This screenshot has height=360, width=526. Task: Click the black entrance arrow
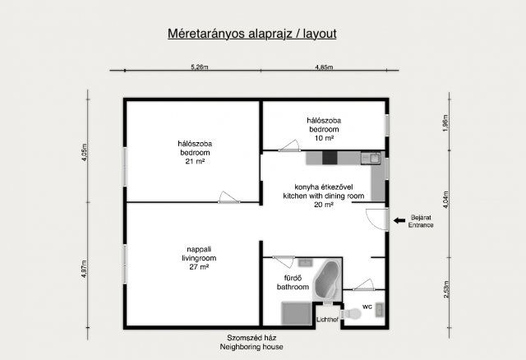pyautogui.click(x=399, y=220)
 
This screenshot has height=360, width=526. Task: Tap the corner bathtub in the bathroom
pyautogui.click(x=327, y=279)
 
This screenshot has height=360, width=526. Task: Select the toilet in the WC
pyautogui.click(x=351, y=314)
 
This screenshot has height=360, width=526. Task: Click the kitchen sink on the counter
pyautogui.click(x=371, y=158)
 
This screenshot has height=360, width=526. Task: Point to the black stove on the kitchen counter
pyautogui.click(x=330, y=158)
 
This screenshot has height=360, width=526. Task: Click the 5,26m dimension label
pyautogui.click(x=200, y=67)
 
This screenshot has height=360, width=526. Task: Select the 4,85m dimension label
pyautogui.click(x=324, y=67)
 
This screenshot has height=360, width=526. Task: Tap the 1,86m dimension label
pyautogui.click(x=445, y=123)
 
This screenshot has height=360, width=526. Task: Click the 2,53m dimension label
pyautogui.click(x=445, y=289)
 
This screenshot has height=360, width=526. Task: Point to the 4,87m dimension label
pyautogui.click(x=84, y=269)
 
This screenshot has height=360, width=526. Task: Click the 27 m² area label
pyautogui.click(x=199, y=267)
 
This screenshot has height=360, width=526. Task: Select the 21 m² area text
pyautogui.click(x=195, y=161)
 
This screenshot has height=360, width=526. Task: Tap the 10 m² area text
pyautogui.click(x=324, y=138)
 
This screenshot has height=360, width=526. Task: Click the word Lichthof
pyautogui.click(x=327, y=320)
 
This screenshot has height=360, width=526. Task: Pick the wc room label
pyautogui.click(x=367, y=307)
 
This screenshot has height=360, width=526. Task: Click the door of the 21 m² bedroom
pyautogui.click(x=229, y=198)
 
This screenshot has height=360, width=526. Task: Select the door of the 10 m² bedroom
pyautogui.click(x=289, y=145)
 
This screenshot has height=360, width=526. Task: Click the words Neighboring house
pyautogui.click(x=251, y=347)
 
